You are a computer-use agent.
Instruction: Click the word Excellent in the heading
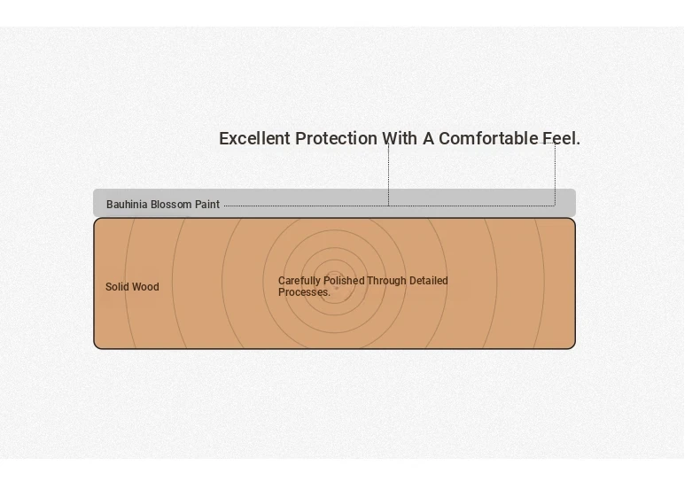[254, 138]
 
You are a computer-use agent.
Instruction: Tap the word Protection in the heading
[336, 138]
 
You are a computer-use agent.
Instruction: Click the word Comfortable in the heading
[488, 138]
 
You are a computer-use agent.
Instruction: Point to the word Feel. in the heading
[562, 138]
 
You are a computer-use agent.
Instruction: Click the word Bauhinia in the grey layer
[127, 205]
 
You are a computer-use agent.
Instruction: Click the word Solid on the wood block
[117, 286]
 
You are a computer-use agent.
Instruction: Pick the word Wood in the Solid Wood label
[145, 286]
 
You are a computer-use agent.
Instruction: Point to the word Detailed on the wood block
[429, 281]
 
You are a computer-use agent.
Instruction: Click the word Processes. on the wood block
[304, 292]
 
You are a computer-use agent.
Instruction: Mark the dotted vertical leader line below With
[388, 175]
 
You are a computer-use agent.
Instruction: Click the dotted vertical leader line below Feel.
[556, 175]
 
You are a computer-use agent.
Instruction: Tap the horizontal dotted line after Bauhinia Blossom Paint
[389, 206]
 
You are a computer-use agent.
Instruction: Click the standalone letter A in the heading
[428, 138]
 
